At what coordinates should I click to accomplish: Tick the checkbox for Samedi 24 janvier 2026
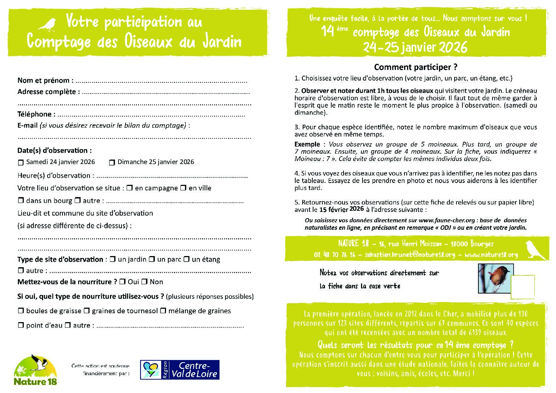[x=20, y=163]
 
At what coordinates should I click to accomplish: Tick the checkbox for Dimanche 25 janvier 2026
[x=112, y=163]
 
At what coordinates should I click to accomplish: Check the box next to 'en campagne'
[x=130, y=188]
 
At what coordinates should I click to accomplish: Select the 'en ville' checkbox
[x=183, y=188]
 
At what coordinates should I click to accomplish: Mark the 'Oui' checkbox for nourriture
[x=122, y=282]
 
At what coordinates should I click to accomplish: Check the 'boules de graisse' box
[x=21, y=311]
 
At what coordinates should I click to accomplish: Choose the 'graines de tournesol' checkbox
[x=87, y=311]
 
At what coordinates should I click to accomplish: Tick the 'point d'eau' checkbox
[x=21, y=325]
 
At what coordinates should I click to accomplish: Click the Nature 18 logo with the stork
[x=36, y=370]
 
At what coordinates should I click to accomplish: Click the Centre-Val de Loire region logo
[x=180, y=370]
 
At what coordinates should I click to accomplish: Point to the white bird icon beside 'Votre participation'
[x=47, y=24]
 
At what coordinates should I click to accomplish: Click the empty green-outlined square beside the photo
[x=523, y=287]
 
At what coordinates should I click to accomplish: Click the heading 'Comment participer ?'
[x=416, y=67]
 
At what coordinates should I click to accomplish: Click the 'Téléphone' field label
[x=36, y=114]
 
